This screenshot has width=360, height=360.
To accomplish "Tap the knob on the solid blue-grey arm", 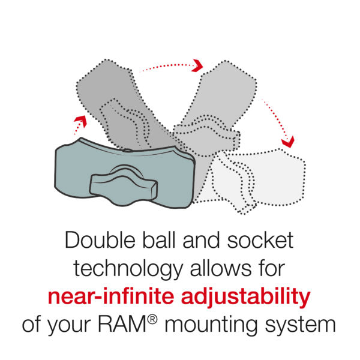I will [x=120, y=182].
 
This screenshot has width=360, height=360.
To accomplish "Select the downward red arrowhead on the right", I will [x=288, y=142].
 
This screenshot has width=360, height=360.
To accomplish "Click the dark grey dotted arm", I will [x=114, y=96].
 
